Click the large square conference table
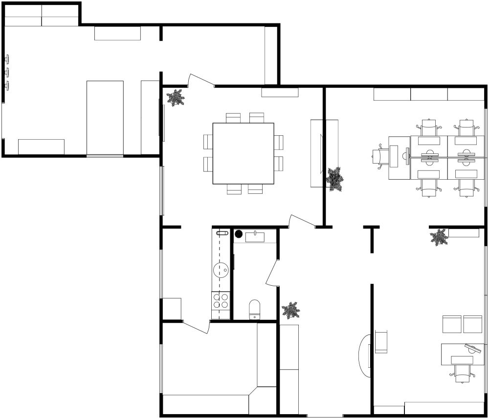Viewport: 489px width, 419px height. [243, 153]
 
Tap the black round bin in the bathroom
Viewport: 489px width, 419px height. [239, 234]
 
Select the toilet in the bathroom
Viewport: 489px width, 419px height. [255, 309]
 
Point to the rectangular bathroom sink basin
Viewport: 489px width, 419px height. [255, 237]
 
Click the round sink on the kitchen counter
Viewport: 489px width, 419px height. [222, 269]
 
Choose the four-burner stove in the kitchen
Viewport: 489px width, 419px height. [221, 300]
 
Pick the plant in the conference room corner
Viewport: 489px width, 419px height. [176, 98]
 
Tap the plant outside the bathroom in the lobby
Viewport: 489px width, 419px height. [291, 310]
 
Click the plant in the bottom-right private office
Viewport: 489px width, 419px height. [439, 237]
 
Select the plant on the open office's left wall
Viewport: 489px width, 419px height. [335, 179]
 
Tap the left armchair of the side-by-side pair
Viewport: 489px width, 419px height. [452, 324]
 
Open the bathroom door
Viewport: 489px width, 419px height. [272, 272]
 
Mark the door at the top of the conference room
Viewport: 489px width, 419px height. [201, 81]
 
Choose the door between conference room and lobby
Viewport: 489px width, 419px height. [302, 221]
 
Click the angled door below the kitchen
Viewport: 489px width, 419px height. [197, 327]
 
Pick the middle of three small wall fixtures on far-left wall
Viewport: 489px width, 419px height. [7, 72]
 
